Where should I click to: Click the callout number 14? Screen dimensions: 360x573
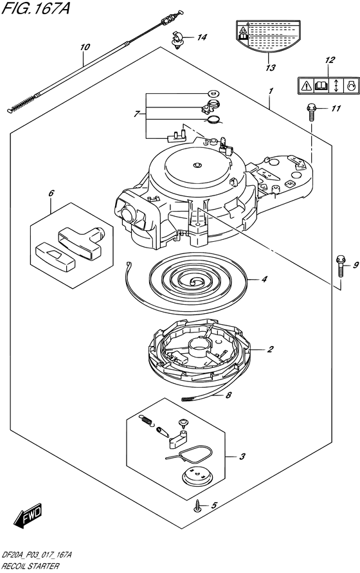202,37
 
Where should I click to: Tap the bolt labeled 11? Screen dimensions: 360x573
311,111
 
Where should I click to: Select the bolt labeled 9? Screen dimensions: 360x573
340,266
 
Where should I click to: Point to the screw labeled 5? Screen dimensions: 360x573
198,506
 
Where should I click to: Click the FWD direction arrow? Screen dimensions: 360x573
28,516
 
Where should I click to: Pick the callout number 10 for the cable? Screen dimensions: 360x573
85,47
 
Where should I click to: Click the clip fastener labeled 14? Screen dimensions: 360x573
177,39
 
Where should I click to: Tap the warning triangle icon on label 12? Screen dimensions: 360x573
306,86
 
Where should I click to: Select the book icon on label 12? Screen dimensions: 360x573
321,86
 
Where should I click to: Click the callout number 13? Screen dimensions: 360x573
271,68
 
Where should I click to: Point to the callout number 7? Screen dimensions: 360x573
137,114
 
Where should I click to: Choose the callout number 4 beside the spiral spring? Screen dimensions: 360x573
264,280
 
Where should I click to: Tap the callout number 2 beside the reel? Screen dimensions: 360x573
270,349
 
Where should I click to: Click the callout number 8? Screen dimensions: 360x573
229,395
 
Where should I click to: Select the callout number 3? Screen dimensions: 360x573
242,457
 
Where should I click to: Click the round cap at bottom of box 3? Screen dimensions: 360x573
197,477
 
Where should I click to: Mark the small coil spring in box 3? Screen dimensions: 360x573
147,420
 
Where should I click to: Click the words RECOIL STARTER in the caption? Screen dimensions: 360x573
30,566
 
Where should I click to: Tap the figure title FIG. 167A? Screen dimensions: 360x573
35,8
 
